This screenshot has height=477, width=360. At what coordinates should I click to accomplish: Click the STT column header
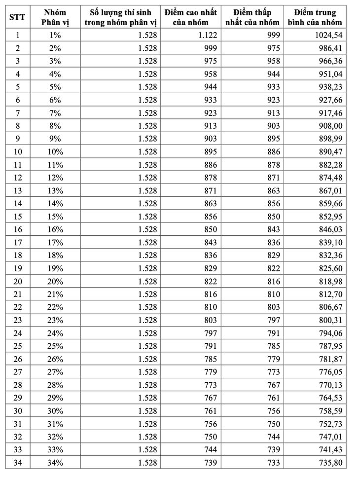[18, 17]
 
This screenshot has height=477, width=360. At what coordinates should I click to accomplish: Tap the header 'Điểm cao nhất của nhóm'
[190, 17]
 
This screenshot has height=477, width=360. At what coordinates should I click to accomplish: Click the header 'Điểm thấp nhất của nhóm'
[252, 17]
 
